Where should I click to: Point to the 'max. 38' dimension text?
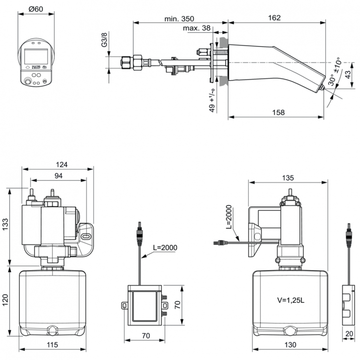(x=196, y=29)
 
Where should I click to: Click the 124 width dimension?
(x=59, y=165)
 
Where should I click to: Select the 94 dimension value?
(x=58, y=176)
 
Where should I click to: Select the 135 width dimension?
(x=287, y=178)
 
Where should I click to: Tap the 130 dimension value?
(x=290, y=345)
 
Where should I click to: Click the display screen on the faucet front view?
(x=36, y=57)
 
